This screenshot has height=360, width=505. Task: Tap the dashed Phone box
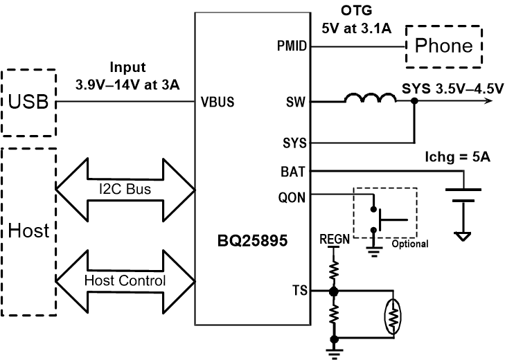443,46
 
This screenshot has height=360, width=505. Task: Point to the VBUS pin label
216,102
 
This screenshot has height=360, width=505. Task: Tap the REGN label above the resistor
334,240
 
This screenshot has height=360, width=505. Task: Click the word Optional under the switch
409,244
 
